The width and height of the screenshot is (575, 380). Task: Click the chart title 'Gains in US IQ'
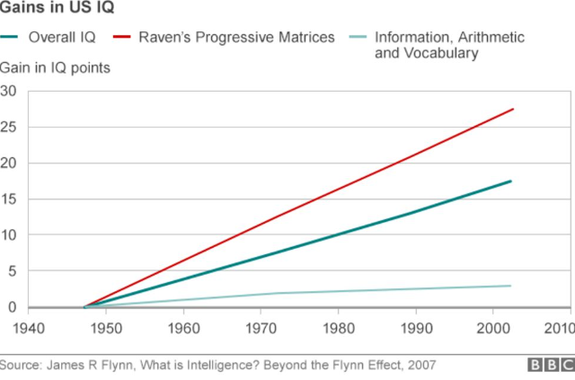pyautogui.click(x=56, y=11)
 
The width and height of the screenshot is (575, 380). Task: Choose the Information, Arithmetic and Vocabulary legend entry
pyautogui.click(x=449, y=45)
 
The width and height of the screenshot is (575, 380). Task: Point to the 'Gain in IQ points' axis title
pyautogui.click(x=56, y=68)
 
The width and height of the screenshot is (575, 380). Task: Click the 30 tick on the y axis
pyautogui.click(x=9, y=91)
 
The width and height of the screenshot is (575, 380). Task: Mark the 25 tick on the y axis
pyautogui.click(x=9, y=127)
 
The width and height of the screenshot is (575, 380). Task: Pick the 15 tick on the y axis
pyautogui.click(x=9, y=199)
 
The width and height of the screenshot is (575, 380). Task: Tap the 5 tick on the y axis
pyautogui.click(x=13, y=271)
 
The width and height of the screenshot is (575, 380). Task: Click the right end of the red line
pyautogui.click(x=512, y=109)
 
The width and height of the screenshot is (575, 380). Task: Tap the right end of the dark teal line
pyautogui.click(x=512, y=181)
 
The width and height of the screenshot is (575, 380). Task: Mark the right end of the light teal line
pyautogui.click(x=512, y=286)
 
